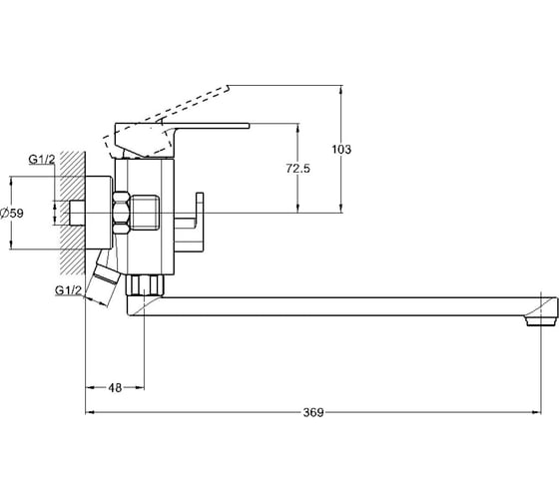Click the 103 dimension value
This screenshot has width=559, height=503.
coord(341,149)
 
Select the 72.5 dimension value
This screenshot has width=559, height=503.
coord(298,169)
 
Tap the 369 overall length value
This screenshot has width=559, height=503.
coord(313,412)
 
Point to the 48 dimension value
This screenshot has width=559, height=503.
coord(115,387)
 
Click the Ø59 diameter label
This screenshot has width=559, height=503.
coord(12,214)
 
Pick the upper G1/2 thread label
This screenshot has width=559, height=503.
coord(42,159)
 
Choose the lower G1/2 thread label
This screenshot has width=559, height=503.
coord(69,290)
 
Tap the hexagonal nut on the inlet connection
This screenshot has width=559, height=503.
coord(121,213)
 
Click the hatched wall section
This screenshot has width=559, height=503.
coord(73,213)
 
